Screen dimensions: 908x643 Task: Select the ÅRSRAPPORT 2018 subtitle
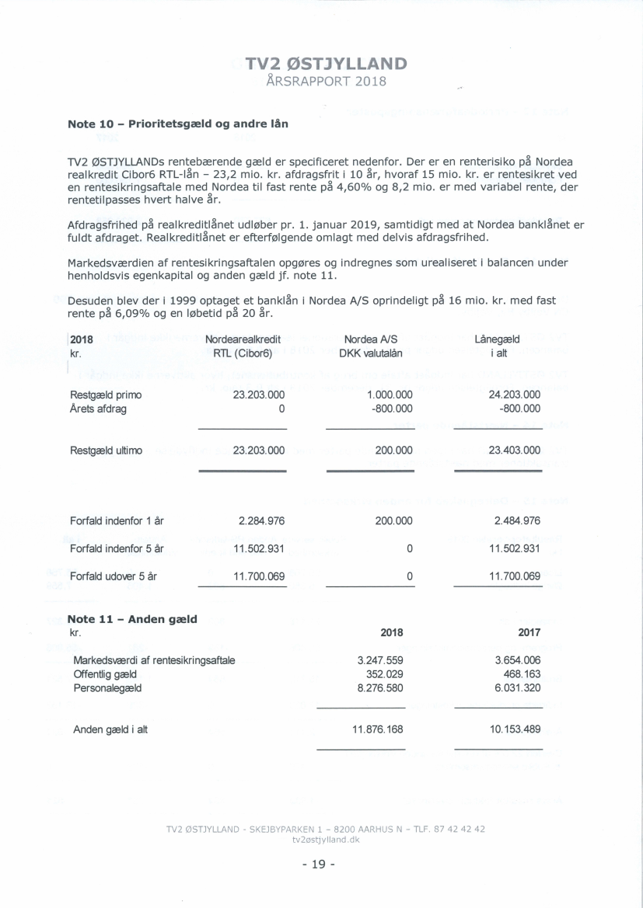(x=325, y=82)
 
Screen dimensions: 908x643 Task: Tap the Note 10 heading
(x=181, y=124)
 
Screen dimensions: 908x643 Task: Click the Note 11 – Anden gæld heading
(x=132, y=619)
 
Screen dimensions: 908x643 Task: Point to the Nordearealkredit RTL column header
(x=243, y=346)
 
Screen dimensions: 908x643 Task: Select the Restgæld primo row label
(x=106, y=395)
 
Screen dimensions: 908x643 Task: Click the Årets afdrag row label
(x=98, y=409)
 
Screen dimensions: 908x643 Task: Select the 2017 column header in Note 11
(x=529, y=632)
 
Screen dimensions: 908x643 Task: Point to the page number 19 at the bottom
(x=321, y=865)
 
